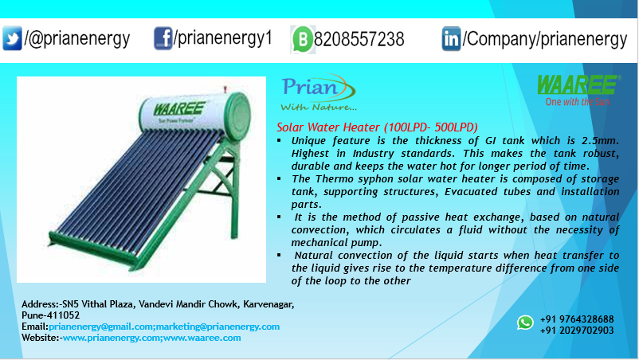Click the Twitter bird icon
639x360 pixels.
coord(12,38)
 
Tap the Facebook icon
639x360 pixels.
coord(163,38)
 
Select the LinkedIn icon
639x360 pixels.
coord(451,39)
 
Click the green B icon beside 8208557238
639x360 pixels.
coord(303,40)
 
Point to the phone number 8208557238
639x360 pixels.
coord(359,40)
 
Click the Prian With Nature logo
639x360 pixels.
coord(318,92)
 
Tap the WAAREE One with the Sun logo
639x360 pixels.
coord(578,91)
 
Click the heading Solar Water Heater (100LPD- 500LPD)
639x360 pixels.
coord(377,127)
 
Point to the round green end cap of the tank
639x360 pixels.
coord(237,116)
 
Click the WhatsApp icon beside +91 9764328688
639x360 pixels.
coord(525,323)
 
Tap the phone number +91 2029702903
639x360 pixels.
coord(577,331)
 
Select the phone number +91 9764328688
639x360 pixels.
coord(577,319)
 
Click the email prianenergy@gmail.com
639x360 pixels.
coord(101,327)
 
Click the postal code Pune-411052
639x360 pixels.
coord(50,315)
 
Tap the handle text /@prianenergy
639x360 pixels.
coord(77,39)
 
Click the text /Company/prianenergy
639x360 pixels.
coord(545,39)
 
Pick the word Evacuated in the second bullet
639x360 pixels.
coord(471,191)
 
